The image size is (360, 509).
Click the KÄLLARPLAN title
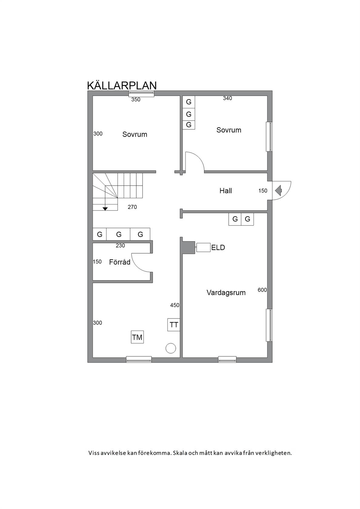click(x=122, y=85)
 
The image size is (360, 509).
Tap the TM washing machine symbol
click(x=137, y=337)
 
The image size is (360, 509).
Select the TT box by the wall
click(x=174, y=325)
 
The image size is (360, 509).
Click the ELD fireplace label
click(x=218, y=248)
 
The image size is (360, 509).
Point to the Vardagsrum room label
click(x=226, y=293)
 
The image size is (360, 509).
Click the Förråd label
click(x=120, y=262)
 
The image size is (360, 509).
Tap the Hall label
click(x=226, y=191)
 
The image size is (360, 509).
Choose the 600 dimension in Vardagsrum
click(x=262, y=290)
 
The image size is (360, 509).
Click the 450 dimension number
click(x=175, y=305)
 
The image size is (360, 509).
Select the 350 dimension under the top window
click(x=136, y=99)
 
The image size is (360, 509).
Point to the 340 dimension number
click(x=227, y=98)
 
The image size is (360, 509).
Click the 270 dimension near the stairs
click(x=132, y=207)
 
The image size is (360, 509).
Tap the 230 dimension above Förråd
click(x=120, y=246)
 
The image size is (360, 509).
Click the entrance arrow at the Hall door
click(x=278, y=191)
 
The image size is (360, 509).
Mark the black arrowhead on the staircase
click(x=105, y=208)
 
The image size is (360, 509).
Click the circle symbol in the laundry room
click(x=171, y=348)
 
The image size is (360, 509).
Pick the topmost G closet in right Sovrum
click(x=189, y=102)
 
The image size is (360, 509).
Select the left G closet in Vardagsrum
click(x=235, y=219)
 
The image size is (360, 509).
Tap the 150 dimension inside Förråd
click(x=97, y=262)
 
